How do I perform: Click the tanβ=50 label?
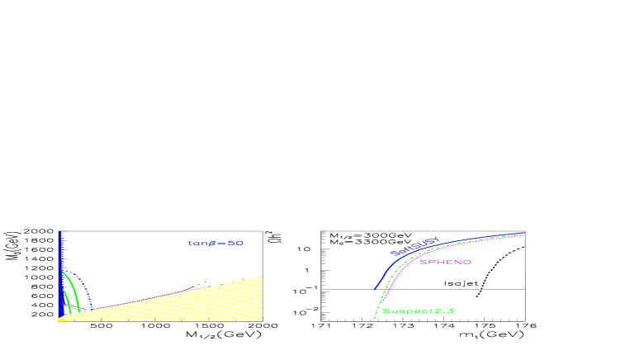coord(216,244)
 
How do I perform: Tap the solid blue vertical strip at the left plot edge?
coord(59,272)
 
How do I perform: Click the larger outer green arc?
coord(75,289)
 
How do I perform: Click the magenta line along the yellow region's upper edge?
coord(182,291)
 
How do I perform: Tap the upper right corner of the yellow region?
coord(262,276)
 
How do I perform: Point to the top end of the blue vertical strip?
coord(59,232)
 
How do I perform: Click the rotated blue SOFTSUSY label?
coord(414,246)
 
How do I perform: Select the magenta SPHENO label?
coord(445,262)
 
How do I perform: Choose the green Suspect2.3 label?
coord(418,311)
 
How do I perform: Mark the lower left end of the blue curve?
coord(375,289)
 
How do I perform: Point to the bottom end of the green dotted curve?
coord(374,317)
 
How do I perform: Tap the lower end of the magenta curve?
coord(382,301)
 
